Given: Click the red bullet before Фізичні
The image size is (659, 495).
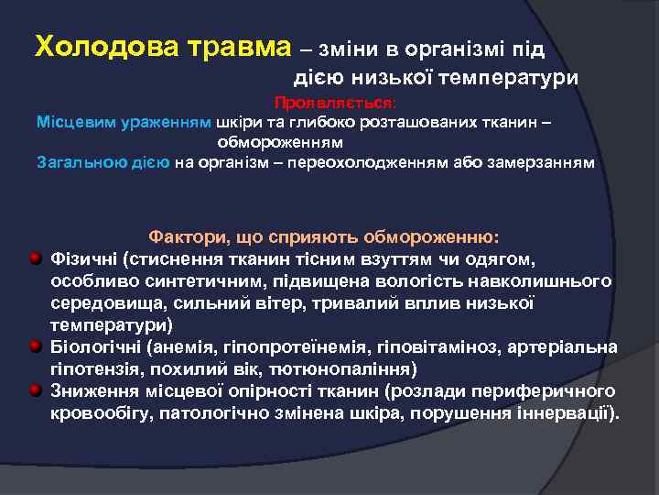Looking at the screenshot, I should [x=35, y=258].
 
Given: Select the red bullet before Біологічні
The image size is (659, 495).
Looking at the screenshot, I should [x=35, y=346].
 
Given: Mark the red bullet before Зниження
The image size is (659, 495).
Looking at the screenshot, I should [x=35, y=390].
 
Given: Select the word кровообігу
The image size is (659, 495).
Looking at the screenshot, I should [x=100, y=413].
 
